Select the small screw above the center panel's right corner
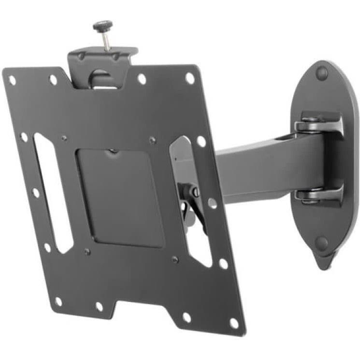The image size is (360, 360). click(x=153, y=140)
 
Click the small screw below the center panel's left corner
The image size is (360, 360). click(x=87, y=252)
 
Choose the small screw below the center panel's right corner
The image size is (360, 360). click(x=175, y=259)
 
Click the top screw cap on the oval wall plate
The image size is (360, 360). click(x=322, y=74)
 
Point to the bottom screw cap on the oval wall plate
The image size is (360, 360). click(x=322, y=242)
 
